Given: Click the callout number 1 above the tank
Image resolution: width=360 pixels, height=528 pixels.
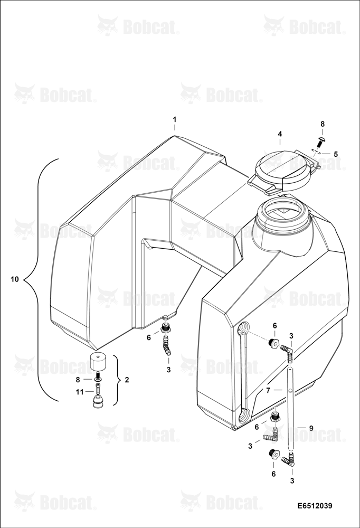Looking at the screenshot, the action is coord(174,119).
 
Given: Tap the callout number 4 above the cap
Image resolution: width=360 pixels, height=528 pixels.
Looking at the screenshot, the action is coord(280,134).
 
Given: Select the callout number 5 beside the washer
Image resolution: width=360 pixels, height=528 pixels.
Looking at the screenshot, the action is coord(335,154).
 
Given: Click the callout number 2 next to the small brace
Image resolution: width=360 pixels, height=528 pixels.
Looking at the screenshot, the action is coord(127,380).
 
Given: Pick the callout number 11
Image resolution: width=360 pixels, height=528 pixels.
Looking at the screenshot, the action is coord(80,391).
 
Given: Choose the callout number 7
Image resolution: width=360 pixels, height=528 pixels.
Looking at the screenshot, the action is coord(268,390).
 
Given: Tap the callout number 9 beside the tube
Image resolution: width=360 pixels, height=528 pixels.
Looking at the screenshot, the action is coord(311,428).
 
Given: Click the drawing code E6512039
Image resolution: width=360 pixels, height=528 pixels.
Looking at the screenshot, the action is coord(315,506).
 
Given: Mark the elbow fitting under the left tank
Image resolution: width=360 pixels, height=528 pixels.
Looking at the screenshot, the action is coord(166,347).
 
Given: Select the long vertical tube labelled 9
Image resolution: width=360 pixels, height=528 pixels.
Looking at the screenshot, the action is coord(290,408).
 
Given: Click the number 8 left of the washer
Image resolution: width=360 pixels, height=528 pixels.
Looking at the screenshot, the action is coord(78,380).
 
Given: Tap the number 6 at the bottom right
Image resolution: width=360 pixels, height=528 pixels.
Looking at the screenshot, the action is coord(273,474).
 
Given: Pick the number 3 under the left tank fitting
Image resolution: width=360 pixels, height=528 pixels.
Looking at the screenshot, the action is coord(168,370).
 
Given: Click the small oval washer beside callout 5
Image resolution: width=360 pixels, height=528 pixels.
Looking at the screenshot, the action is coord(315,151).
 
